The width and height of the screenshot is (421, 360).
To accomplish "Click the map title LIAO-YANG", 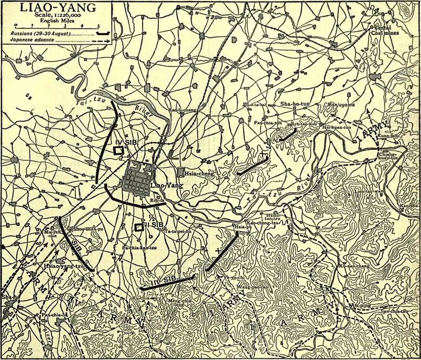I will click(x=51, y=8).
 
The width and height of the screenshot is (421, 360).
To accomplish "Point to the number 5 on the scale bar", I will click(x=98, y=26).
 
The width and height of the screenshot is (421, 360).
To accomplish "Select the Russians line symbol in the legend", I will click(x=104, y=34).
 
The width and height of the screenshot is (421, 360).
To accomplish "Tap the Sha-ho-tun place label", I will click(x=296, y=104).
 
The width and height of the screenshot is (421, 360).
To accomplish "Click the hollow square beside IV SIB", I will click(x=119, y=149).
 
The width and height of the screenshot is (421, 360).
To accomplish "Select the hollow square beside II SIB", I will click(x=139, y=227).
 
